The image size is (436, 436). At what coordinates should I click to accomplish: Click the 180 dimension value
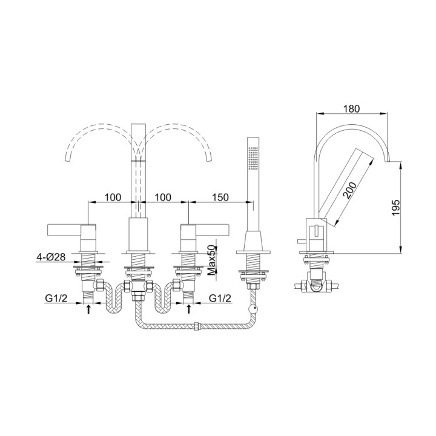tap(351, 109)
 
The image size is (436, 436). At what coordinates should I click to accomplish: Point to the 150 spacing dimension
tap(221, 197)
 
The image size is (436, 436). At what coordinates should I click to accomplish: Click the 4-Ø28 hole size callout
tap(50, 257)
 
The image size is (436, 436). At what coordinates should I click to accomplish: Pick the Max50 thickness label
tap(212, 260)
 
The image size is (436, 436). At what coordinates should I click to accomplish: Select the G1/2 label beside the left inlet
tap(55, 298)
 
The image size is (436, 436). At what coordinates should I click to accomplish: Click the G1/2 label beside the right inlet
tap(220, 298)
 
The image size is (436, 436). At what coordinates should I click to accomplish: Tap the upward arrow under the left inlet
tap(90, 309)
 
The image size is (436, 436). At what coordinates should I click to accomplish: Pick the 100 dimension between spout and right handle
tap(164, 197)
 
